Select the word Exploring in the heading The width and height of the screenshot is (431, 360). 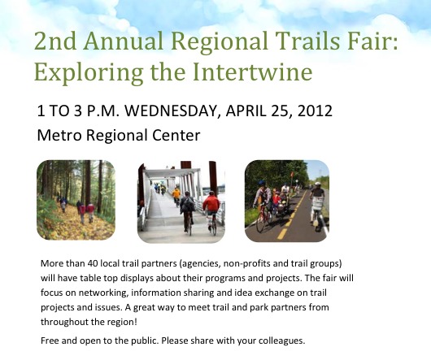click(x=89, y=73)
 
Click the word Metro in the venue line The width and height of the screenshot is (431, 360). click(x=59, y=135)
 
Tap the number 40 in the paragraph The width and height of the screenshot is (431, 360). click(x=92, y=263)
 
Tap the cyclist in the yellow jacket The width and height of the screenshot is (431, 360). click(x=176, y=196)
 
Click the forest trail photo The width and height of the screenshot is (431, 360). click(x=76, y=200)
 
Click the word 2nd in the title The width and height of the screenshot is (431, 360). click(x=55, y=41)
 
